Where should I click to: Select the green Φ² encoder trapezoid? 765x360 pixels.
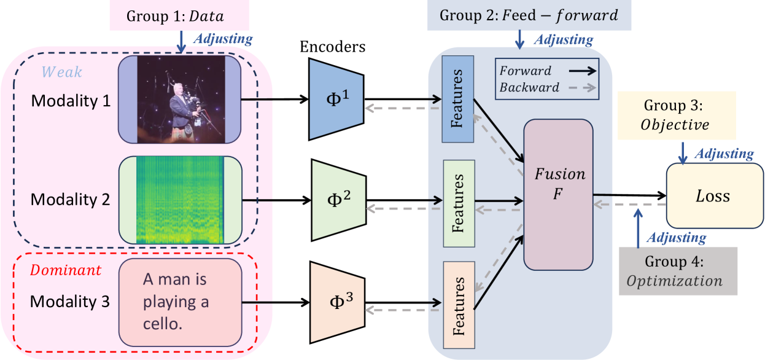click(x=338, y=200)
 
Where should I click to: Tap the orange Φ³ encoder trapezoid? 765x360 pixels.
click(x=337, y=302)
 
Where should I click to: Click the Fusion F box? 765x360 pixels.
click(x=558, y=194)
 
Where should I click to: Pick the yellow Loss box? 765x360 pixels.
click(x=713, y=196)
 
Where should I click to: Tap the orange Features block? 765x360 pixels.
click(x=459, y=305)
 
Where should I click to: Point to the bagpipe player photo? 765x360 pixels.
click(x=181, y=99)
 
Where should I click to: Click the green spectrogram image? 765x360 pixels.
click(x=181, y=200)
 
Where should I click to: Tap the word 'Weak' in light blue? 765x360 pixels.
click(x=61, y=72)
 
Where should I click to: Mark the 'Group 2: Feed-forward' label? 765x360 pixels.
click(x=528, y=15)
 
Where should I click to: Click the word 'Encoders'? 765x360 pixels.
click(x=332, y=47)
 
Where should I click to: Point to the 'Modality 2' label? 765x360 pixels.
click(x=71, y=200)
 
